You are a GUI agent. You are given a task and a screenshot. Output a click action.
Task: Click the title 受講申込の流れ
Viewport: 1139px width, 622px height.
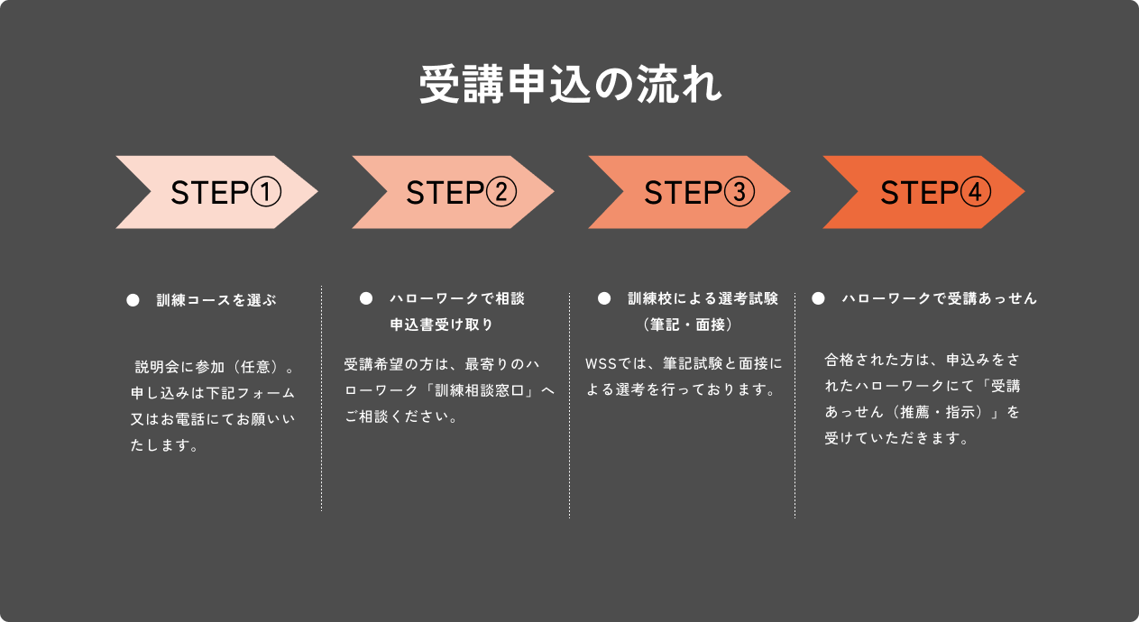570,87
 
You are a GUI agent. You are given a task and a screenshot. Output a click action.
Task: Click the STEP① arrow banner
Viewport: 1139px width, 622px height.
216,192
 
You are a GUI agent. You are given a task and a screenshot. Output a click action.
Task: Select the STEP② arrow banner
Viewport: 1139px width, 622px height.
453,192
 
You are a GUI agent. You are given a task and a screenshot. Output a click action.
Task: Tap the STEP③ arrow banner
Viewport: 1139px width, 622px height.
689,192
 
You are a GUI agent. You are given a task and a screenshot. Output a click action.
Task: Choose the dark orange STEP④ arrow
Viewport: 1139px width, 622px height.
923,192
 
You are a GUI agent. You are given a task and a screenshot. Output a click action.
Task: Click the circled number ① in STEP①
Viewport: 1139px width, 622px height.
266,192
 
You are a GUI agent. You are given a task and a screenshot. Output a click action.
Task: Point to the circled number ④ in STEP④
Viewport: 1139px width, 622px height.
975,192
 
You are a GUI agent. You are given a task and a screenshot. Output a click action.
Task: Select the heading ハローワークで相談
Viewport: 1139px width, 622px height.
456,298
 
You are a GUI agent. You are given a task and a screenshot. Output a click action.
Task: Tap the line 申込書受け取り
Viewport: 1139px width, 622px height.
441,324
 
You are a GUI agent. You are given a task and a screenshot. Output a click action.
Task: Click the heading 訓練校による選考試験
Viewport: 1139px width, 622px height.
703,298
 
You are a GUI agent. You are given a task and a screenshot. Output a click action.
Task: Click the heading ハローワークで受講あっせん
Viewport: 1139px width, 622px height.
939,298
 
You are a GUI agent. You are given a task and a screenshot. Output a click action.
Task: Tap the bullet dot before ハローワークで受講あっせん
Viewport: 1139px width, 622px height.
818,298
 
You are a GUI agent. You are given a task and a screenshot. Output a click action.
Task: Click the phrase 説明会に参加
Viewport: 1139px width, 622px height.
179,368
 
